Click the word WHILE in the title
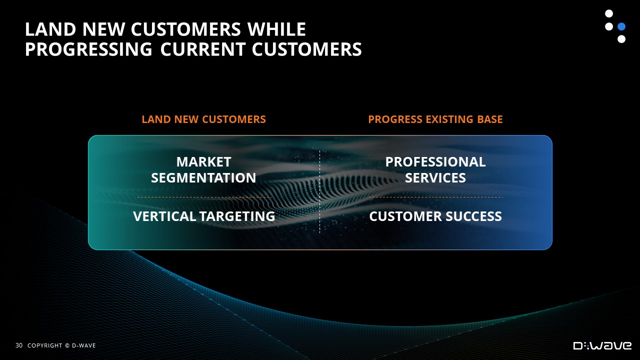click(x=276, y=29)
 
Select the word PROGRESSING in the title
click(x=88, y=49)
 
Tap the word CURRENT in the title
click(x=203, y=49)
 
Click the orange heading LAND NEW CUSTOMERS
click(x=203, y=119)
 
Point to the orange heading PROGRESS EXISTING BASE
click(x=435, y=119)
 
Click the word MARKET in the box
click(x=203, y=162)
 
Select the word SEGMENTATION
click(x=203, y=177)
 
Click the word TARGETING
click(x=237, y=216)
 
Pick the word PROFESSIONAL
click(x=435, y=162)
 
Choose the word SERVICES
click(x=435, y=177)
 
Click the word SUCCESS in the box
click(x=473, y=216)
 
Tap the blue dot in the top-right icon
click(x=621, y=26)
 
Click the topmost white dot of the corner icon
click(x=609, y=13)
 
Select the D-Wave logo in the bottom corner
click(x=602, y=345)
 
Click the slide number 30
click(x=19, y=345)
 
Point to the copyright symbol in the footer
click(x=67, y=345)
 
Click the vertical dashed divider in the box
click(x=319, y=191)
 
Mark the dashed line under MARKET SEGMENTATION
click(x=204, y=197)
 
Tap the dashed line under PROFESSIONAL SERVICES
click(x=436, y=197)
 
